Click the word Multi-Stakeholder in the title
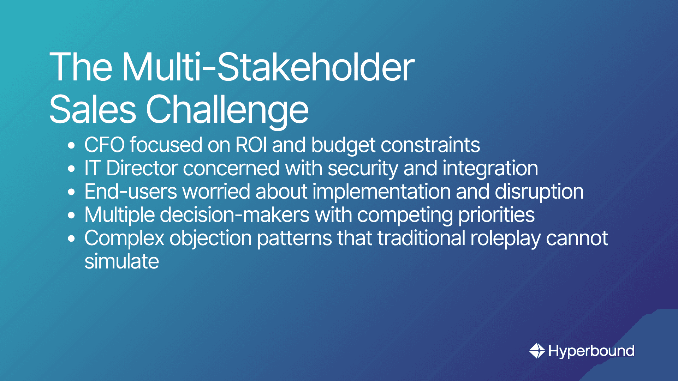[268, 67]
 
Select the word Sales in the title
[93, 109]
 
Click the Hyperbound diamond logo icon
[537, 351]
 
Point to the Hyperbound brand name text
[591, 351]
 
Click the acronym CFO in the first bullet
[105, 145]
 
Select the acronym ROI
[251, 145]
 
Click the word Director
[142, 168]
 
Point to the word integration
[490, 169]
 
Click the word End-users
[131, 192]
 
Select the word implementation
[381, 192]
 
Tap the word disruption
[539, 192]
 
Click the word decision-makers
[234, 215]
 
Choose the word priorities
[496, 216]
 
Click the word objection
[211, 239]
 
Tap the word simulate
[122, 261]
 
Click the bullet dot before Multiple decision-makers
[72, 215]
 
